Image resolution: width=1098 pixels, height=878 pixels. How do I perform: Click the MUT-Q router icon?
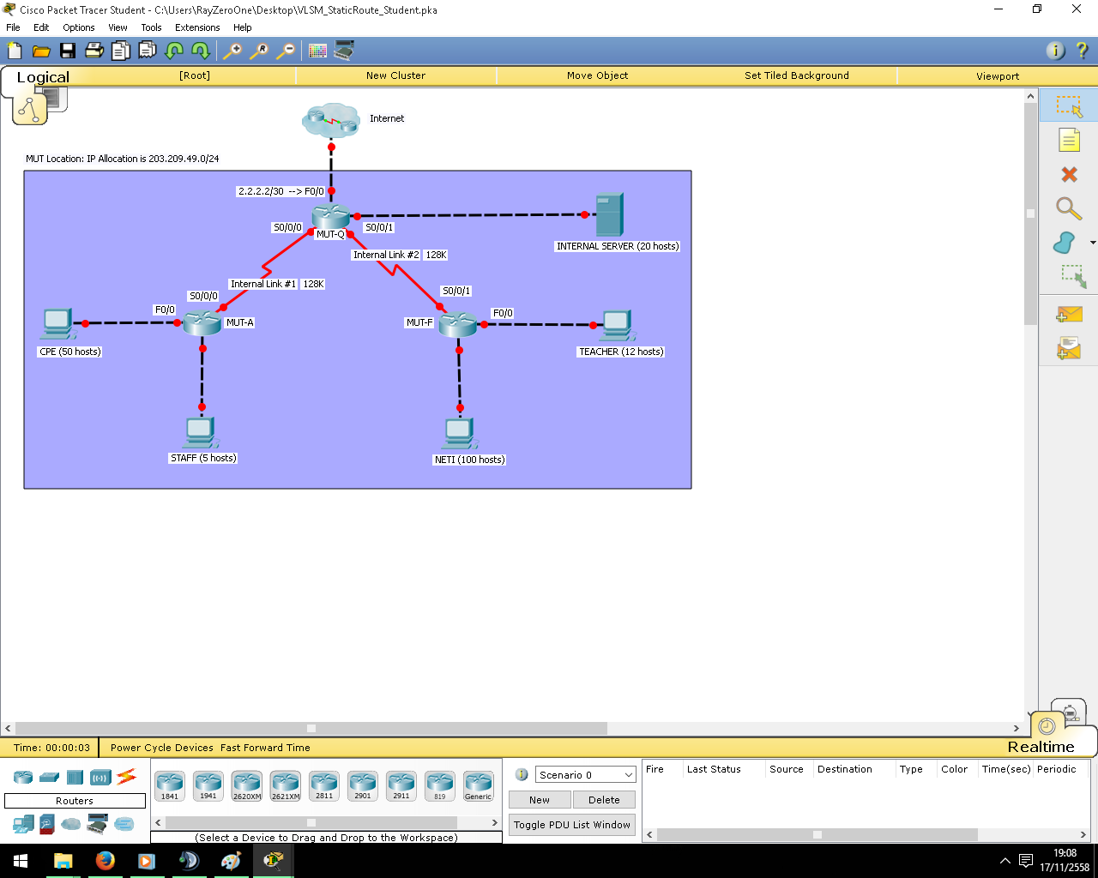(x=331, y=216)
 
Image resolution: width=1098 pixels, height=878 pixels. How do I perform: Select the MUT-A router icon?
(x=202, y=322)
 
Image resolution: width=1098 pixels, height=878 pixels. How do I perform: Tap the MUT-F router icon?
(x=458, y=324)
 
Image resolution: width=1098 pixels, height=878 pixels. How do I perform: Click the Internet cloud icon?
(x=331, y=120)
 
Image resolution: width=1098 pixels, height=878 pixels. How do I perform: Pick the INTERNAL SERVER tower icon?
(x=609, y=214)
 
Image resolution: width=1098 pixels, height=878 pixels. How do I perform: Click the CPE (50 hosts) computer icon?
(x=58, y=324)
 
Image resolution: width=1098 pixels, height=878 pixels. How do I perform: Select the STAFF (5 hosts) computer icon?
(x=201, y=433)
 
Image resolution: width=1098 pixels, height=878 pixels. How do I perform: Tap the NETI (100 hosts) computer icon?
(x=460, y=434)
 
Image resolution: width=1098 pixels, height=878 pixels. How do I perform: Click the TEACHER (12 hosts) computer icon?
(x=618, y=325)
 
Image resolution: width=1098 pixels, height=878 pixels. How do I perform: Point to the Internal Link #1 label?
(x=263, y=284)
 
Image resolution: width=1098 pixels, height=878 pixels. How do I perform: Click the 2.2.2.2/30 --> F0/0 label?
(x=281, y=191)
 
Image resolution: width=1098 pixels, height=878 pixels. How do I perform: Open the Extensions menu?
(x=197, y=27)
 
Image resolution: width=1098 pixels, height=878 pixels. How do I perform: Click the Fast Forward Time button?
(x=265, y=748)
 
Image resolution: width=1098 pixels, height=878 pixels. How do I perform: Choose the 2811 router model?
(x=324, y=785)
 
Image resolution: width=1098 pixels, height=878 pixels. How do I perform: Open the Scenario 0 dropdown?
(x=585, y=775)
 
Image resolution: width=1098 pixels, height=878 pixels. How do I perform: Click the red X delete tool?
(x=1069, y=174)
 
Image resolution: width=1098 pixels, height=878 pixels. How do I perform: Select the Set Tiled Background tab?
(x=796, y=75)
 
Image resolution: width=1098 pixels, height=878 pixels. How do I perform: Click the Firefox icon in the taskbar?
(x=106, y=861)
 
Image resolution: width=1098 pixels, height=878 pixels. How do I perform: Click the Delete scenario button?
(x=604, y=799)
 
